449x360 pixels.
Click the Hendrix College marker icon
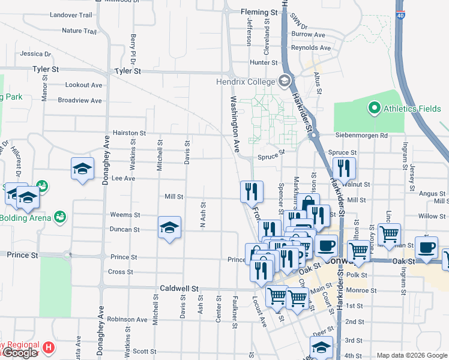click(285, 81)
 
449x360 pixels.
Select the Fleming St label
click(259, 12)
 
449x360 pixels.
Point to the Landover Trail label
click(71, 14)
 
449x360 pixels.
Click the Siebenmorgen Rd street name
click(362, 136)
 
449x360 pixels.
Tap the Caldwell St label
click(179, 289)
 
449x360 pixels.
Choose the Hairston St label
click(129, 133)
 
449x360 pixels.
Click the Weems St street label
click(125, 215)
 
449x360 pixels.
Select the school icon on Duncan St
click(170, 228)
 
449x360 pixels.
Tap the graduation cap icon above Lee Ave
click(83, 169)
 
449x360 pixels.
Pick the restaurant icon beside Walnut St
click(344, 169)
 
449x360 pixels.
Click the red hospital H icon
click(49, 347)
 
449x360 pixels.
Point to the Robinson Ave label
click(128, 319)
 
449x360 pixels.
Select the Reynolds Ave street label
click(311, 47)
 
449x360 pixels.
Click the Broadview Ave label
click(80, 101)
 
